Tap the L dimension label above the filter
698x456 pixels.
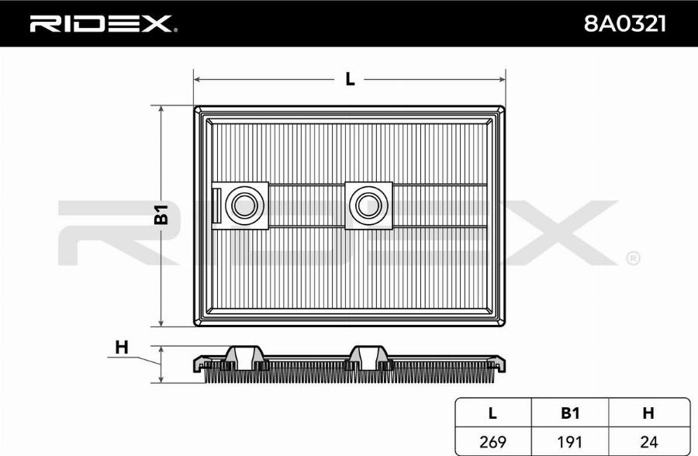pos(350,79)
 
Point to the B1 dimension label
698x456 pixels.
pos(161,216)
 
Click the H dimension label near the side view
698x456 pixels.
pos(121,347)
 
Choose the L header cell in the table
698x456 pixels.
pos(492,413)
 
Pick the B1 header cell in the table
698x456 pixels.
pos(571,413)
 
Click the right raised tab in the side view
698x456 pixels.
pos(366,355)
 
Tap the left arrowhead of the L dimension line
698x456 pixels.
pos(198,79)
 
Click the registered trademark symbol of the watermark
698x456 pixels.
pos(632,257)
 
